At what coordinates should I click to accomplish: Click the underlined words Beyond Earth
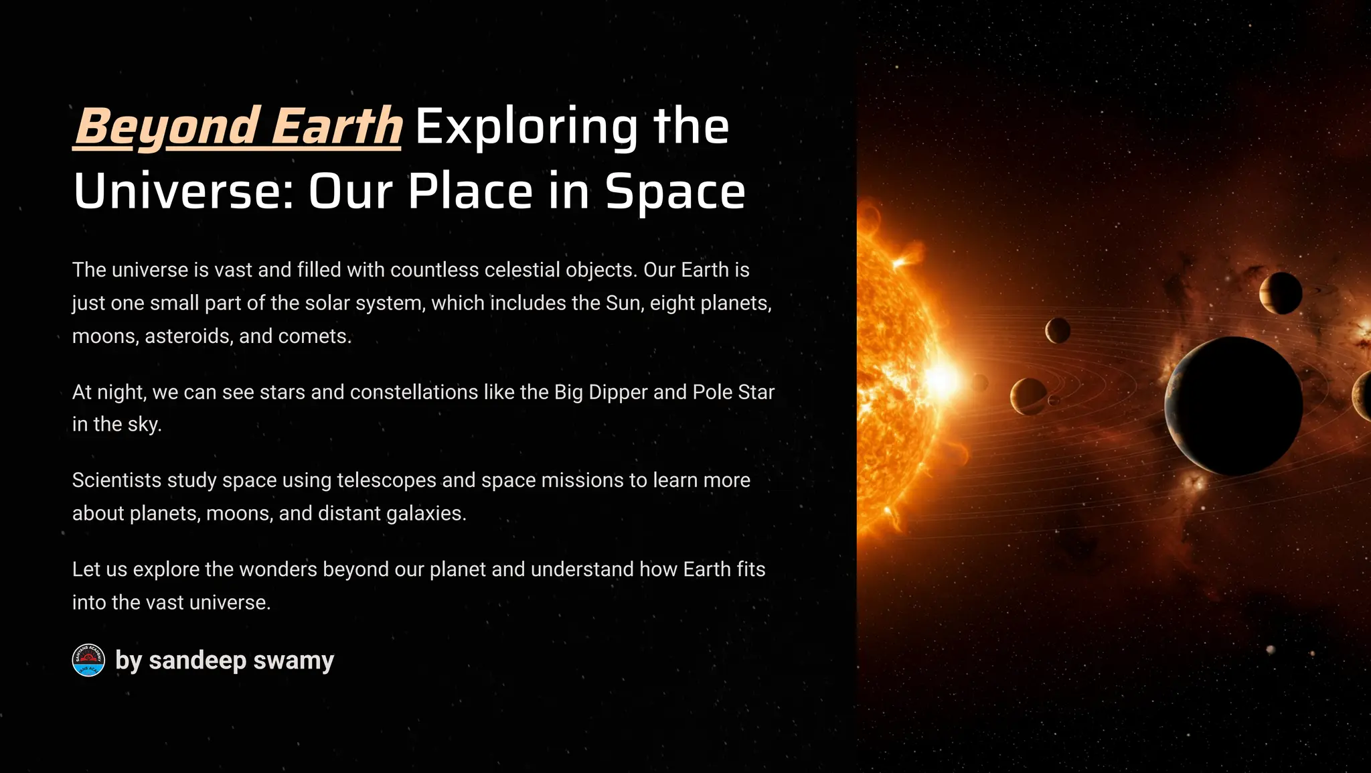tap(238, 126)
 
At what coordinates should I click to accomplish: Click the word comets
tap(314, 336)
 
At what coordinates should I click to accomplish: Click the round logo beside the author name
tap(88, 660)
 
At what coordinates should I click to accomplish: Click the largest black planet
tap(1234, 406)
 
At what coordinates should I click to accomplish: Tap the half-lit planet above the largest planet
tap(1280, 293)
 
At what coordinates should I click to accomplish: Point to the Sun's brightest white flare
tap(942, 380)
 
